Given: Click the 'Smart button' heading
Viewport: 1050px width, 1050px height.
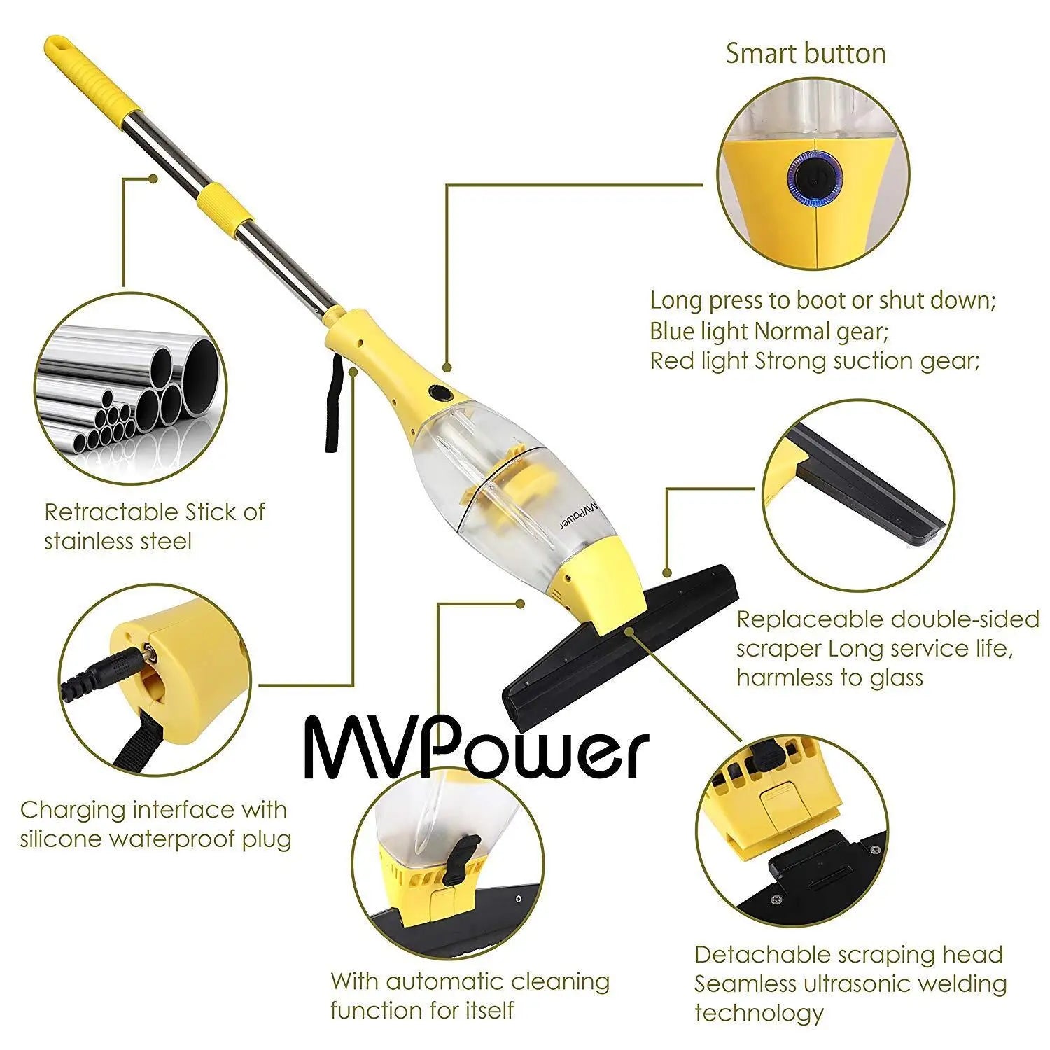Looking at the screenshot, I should [x=805, y=54].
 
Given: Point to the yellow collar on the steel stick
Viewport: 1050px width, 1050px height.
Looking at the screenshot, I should [x=223, y=202].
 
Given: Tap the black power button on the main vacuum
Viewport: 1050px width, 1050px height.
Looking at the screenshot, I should [x=440, y=393].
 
